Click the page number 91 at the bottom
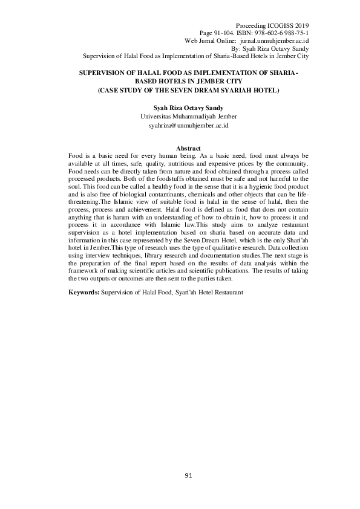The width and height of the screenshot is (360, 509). tap(188, 476)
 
